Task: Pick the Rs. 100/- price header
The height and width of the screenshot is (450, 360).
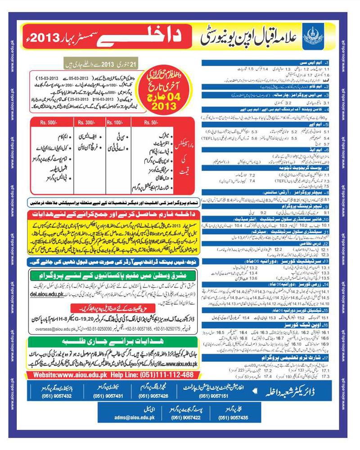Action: (x=115, y=121)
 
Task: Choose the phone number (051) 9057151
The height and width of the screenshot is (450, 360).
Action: (x=214, y=396)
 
